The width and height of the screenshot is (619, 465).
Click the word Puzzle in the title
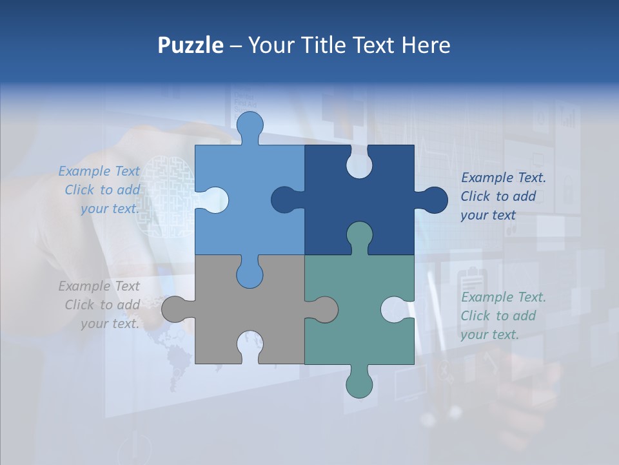tap(190, 45)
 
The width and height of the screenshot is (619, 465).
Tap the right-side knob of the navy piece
tap(434, 200)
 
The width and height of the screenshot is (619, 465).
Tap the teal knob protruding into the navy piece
tap(359, 235)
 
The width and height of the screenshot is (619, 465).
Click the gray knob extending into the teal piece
tap(324, 309)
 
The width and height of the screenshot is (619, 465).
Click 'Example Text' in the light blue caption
tap(99, 171)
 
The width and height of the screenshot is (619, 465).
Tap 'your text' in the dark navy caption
tap(488, 215)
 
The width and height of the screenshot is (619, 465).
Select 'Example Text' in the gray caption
tap(99, 286)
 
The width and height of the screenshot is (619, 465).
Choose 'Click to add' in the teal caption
tap(498, 316)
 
